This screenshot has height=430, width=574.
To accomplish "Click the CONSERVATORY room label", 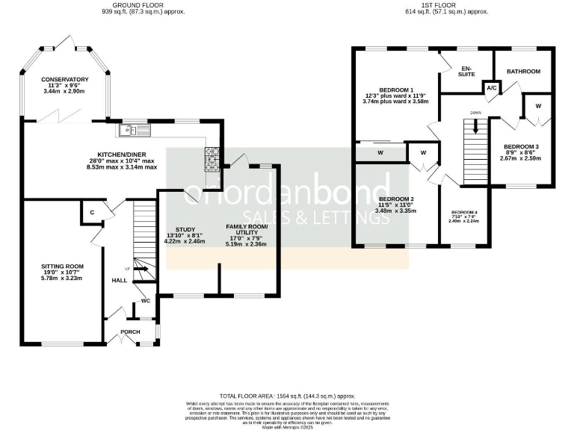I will (x=65, y=79).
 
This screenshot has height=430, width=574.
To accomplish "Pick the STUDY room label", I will (x=185, y=229).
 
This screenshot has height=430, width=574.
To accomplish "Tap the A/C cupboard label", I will (x=491, y=87).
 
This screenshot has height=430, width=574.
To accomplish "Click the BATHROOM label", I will (x=523, y=72).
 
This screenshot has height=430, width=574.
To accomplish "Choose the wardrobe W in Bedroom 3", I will (x=537, y=105).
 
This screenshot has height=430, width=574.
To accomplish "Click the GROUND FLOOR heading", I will (x=143, y=4).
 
